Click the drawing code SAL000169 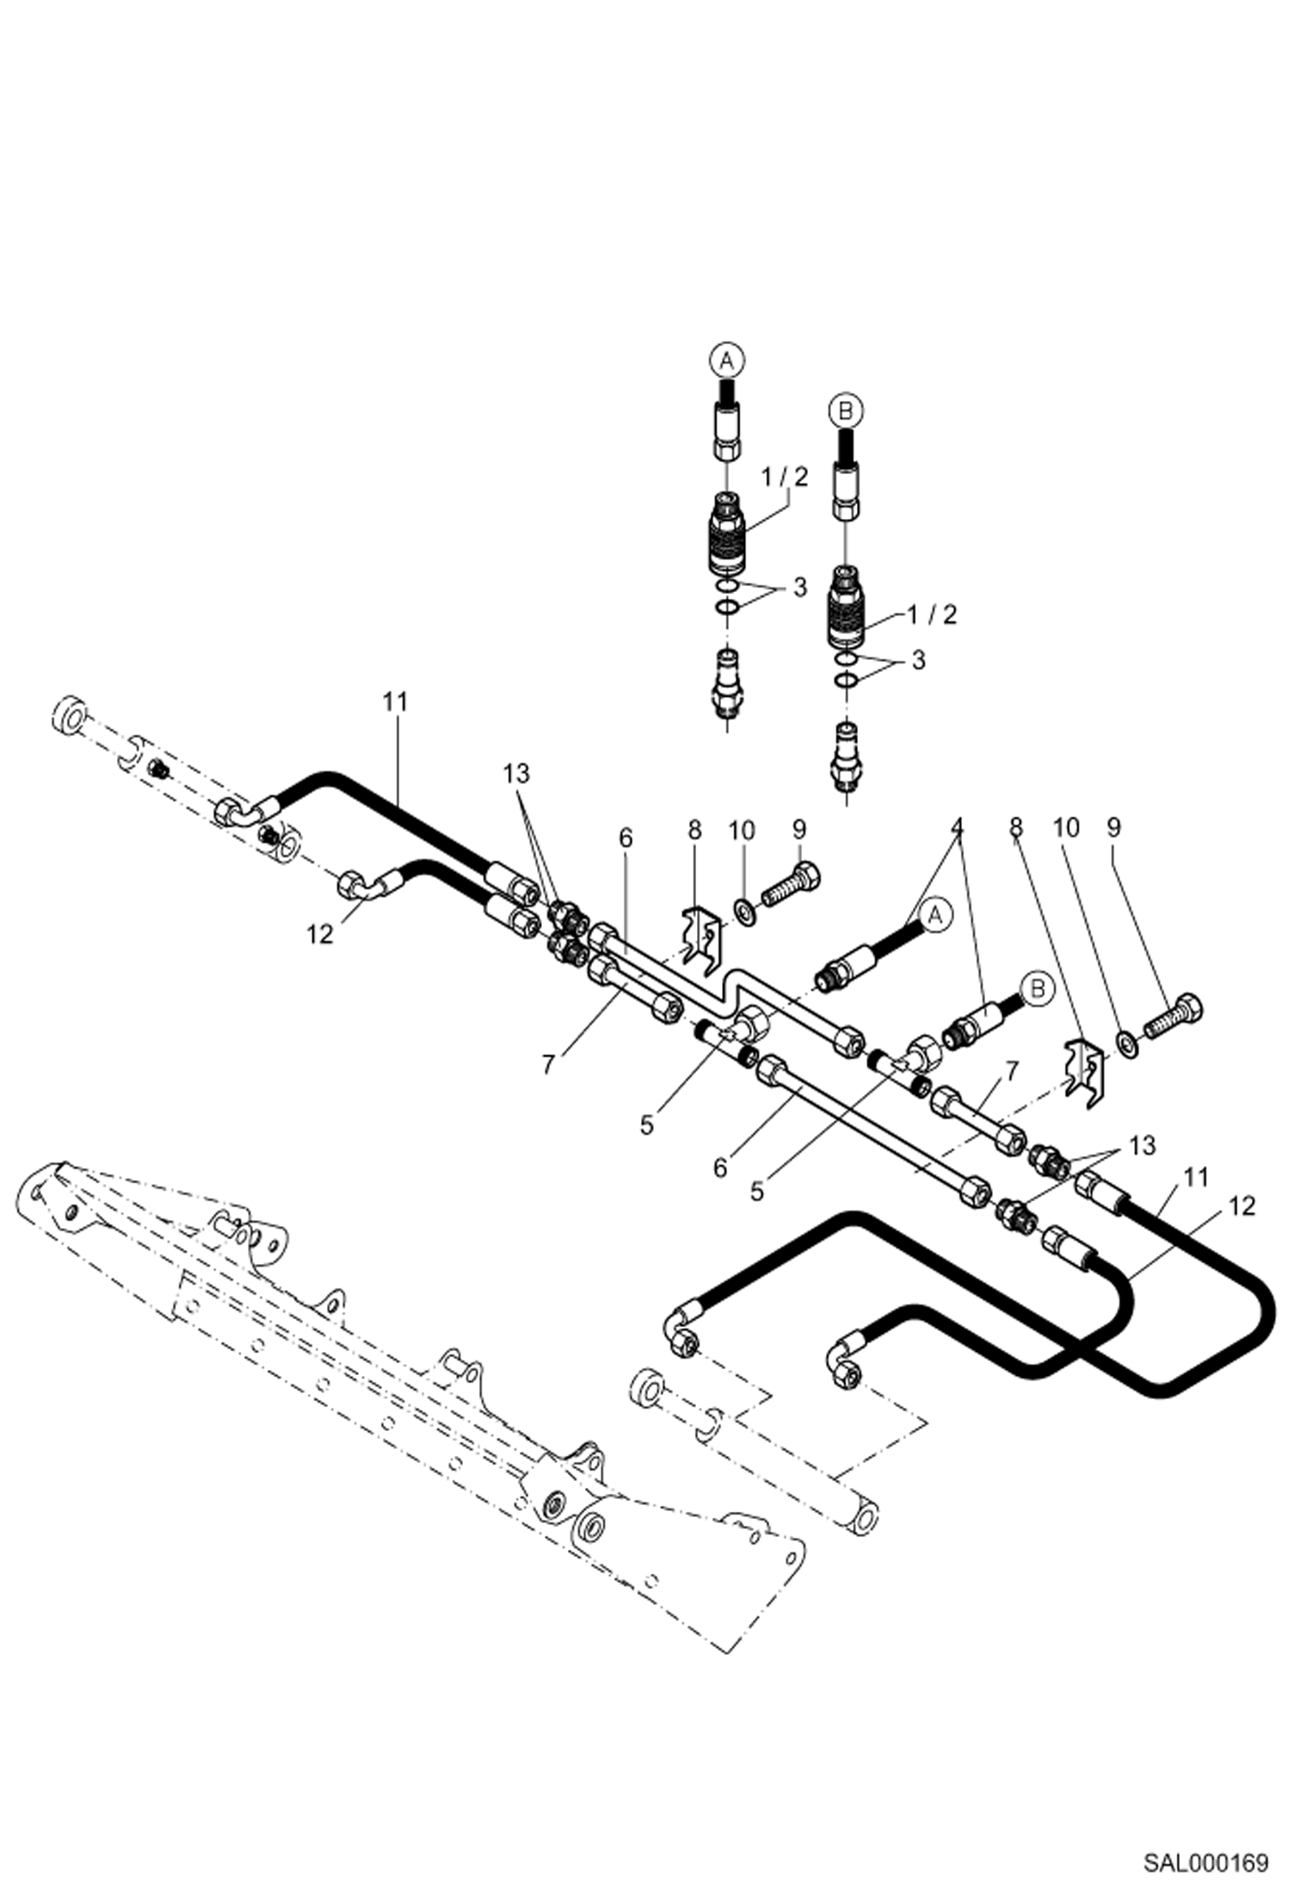tap(1205, 1863)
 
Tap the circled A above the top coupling tap(726, 361)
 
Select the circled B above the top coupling tap(846, 411)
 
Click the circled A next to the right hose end tap(935, 915)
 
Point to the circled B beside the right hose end tap(1038, 989)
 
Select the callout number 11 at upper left tap(395, 702)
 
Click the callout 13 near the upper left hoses tap(516, 774)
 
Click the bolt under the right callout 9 tap(1174, 1013)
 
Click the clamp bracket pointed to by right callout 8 tap(1086, 1068)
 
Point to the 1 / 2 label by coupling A tap(785, 478)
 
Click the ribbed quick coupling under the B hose tap(848, 609)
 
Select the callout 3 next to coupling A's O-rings tap(799, 588)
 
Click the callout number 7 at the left tap(548, 1064)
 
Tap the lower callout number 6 tap(720, 1167)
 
